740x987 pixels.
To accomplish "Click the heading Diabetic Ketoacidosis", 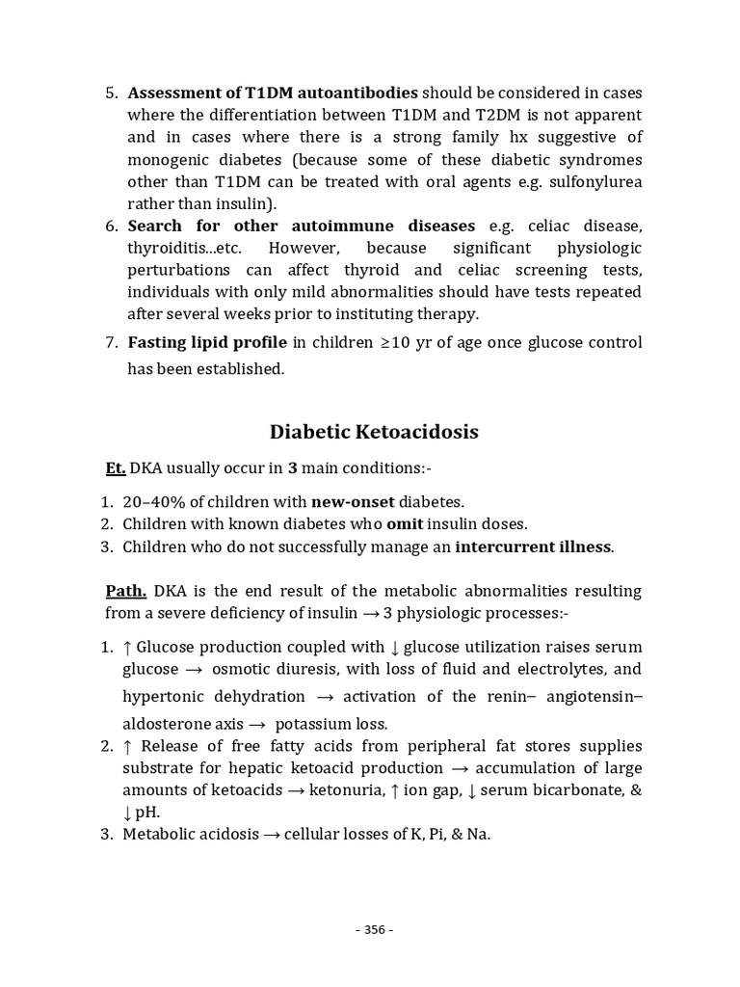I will (x=374, y=432).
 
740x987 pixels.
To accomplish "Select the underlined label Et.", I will (x=115, y=469).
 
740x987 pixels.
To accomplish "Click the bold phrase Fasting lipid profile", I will (x=207, y=343).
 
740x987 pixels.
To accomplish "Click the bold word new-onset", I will (x=353, y=502).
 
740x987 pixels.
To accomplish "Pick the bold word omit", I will (x=405, y=524).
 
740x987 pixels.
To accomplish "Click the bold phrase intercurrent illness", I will (x=533, y=547).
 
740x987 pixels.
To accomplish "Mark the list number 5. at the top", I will (x=111, y=93).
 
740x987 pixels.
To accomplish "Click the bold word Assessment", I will (x=172, y=93).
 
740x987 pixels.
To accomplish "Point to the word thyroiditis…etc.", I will (x=183, y=248).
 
